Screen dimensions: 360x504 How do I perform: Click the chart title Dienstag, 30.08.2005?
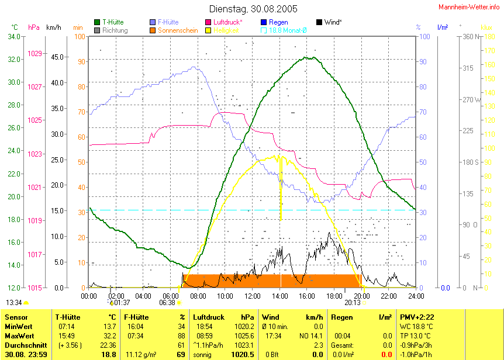coord(253,9)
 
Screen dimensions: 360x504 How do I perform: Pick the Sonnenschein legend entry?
coord(178,30)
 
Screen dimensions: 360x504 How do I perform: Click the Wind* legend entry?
coord(333,22)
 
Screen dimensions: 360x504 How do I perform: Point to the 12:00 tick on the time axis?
coord(253,295)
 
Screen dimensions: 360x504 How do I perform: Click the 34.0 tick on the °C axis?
coord(13,37)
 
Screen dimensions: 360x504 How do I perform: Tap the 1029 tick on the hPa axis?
coord(34,54)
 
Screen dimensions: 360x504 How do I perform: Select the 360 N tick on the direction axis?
coord(471,37)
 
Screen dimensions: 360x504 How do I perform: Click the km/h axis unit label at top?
coord(54,27)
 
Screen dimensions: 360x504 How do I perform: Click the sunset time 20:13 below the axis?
coord(352,303)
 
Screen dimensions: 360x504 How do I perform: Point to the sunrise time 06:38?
coord(167,303)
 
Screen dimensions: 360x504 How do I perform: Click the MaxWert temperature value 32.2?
coord(109,336)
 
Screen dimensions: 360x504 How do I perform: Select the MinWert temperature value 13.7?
coord(109,327)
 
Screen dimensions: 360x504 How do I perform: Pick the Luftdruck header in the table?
coord(208,317)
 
